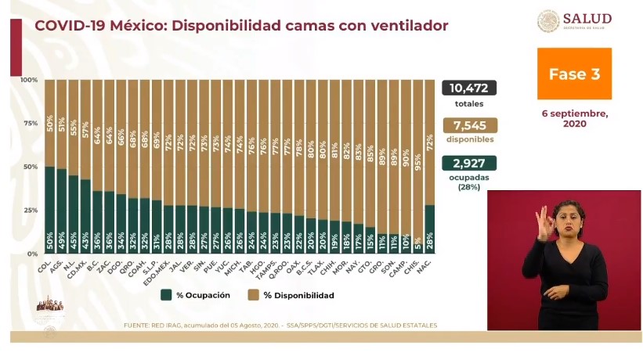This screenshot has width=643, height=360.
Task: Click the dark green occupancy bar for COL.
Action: pyautogui.click(x=49, y=210)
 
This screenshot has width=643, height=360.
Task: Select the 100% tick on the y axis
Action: pyautogui.click(x=28, y=80)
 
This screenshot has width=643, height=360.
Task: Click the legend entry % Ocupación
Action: pyautogui.click(x=189, y=295)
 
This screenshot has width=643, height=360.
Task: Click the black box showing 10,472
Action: pyautogui.click(x=469, y=88)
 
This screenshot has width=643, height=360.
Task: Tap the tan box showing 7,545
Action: pyautogui.click(x=469, y=125)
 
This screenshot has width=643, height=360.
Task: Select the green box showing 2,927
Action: pyautogui.click(x=469, y=164)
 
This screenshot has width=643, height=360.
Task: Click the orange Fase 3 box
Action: pyautogui.click(x=573, y=74)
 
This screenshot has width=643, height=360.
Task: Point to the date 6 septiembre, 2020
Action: pyautogui.click(x=574, y=118)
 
